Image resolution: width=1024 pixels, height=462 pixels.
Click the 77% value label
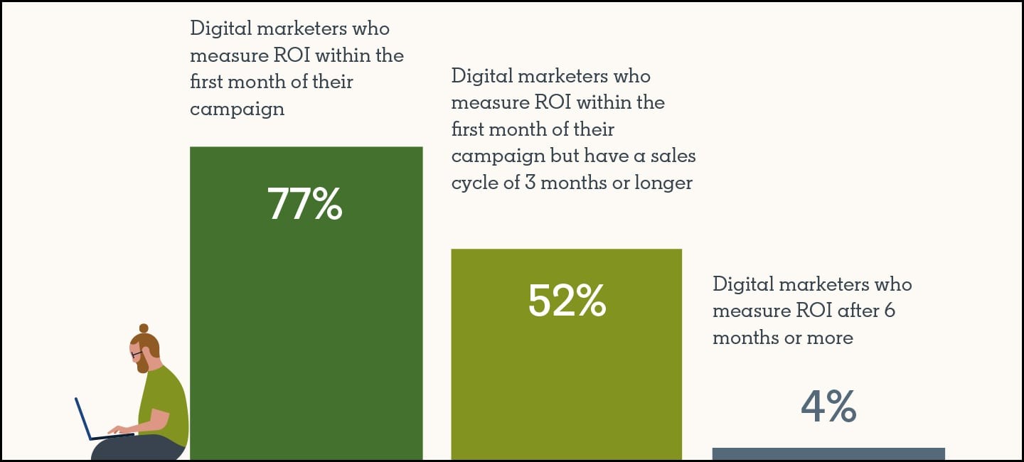coord(305,204)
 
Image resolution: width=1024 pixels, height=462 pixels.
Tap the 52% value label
coord(567,301)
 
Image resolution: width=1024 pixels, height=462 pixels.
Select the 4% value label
coord(828,407)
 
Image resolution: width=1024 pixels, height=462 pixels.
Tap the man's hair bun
coord(144,328)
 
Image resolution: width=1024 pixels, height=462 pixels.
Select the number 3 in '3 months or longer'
coord(530,183)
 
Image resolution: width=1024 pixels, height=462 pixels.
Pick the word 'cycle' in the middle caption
coord(474,183)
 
